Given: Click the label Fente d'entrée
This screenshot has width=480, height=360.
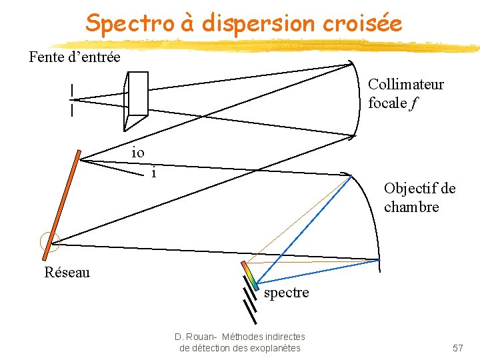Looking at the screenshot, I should pos(75,57).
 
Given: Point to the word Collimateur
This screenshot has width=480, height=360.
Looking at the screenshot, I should pos(405,85).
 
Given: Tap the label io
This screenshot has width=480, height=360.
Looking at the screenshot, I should pos(137,152).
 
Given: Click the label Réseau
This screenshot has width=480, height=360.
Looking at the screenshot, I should pos(67,272).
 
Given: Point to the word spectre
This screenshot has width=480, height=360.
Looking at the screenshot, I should pos(287,293).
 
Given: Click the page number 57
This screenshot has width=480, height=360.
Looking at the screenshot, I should pos(458,348).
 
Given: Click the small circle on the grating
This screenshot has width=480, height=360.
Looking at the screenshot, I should pos(49,243).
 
